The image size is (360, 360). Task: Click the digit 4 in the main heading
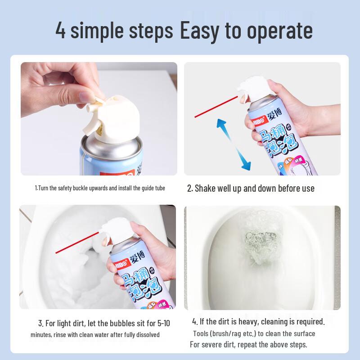click(x=60, y=30)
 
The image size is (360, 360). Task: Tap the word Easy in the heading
click(x=199, y=31)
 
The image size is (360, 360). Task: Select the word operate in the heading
click(x=279, y=31)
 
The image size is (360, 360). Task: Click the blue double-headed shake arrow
click(x=234, y=144)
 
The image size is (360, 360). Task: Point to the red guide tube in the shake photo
click(x=216, y=107)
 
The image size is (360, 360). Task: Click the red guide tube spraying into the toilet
click(x=77, y=243)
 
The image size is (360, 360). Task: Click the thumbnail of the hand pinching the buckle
click(x=99, y=119)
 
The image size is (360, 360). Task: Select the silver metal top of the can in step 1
click(x=112, y=148)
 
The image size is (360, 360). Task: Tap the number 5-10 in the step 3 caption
click(x=164, y=323)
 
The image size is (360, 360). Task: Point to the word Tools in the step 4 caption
click(x=201, y=333)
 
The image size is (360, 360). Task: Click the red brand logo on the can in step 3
click(x=121, y=263)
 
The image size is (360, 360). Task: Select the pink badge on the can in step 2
click(x=299, y=161)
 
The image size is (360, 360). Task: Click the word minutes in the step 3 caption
click(x=41, y=335)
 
